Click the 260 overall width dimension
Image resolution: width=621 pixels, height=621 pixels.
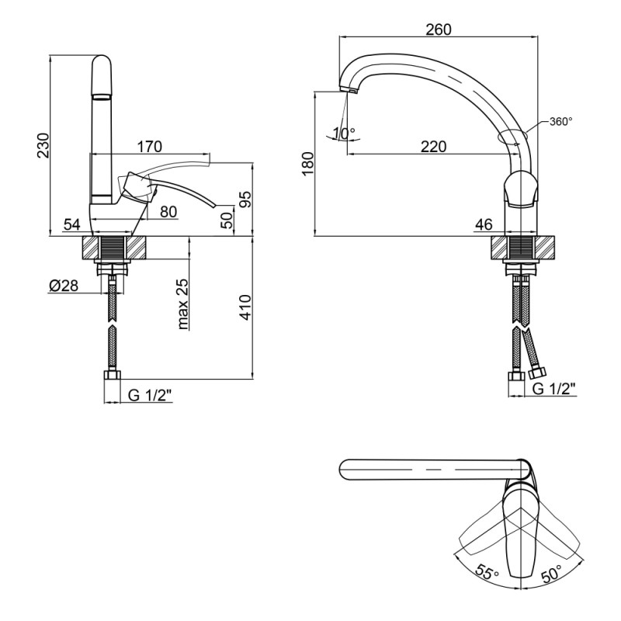coord(439,29)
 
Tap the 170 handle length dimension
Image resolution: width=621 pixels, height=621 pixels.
coord(150,146)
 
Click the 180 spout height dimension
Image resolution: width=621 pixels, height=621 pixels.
coord(308,165)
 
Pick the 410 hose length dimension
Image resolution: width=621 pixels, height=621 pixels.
coord(245,309)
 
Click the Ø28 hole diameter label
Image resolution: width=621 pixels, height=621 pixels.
coord(63,286)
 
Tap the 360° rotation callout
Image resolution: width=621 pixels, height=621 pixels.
coord(560,122)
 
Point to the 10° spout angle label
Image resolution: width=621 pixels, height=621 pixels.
coord(342,133)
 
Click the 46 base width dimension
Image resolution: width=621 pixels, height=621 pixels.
coord(484,225)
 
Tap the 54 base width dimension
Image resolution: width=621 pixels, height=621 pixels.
coord(72,225)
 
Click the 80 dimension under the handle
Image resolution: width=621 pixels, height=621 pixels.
coord(168,210)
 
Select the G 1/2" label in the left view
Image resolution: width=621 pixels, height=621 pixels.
coord(150,395)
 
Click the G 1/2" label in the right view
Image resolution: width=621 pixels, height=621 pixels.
coord(553,389)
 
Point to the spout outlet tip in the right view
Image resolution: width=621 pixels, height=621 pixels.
coord(349,92)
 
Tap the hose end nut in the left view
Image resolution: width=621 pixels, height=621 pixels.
coord(113,378)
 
